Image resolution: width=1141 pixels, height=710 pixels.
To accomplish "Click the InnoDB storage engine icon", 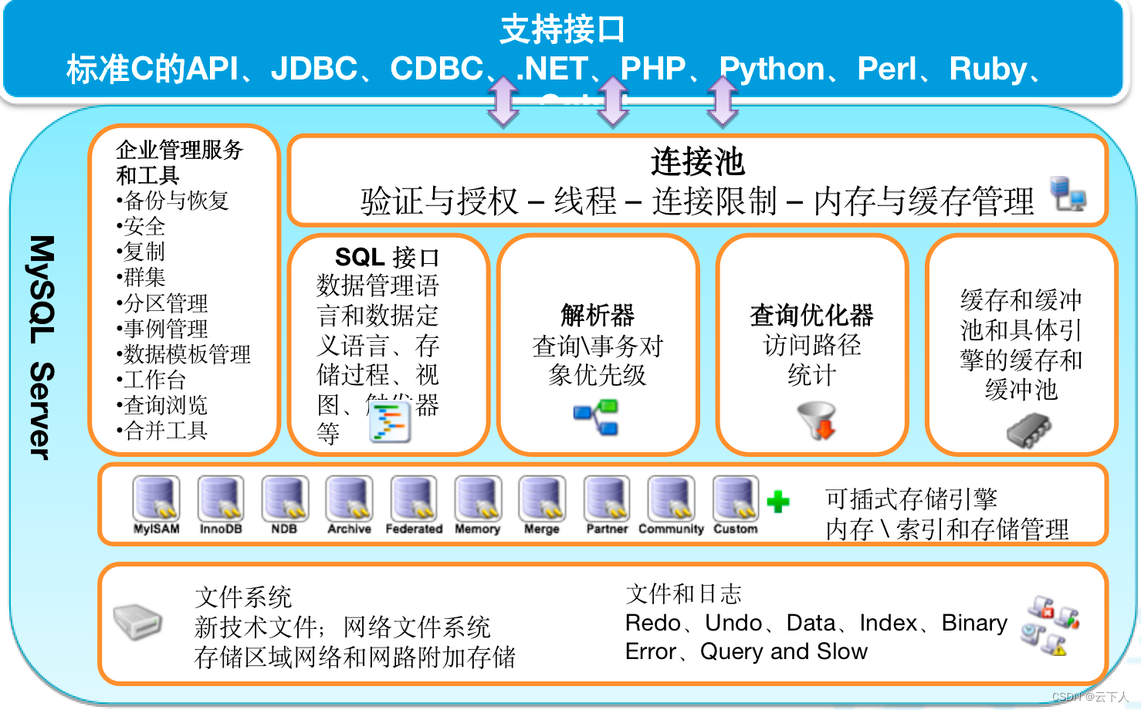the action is [221, 498].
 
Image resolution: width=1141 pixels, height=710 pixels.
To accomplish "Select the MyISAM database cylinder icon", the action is [156, 498].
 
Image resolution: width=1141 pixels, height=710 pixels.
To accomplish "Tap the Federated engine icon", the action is [414, 498].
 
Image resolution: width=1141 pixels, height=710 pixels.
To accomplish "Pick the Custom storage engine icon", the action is [735, 498].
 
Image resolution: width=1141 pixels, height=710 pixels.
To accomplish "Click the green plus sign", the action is [778, 502].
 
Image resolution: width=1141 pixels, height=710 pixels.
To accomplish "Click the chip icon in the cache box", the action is [1028, 431].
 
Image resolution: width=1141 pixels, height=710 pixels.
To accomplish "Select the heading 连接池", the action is [697, 161].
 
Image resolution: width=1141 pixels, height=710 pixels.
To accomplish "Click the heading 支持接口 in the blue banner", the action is [562, 29].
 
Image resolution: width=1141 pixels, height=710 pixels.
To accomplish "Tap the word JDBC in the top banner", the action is [314, 69].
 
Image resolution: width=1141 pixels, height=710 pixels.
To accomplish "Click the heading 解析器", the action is [598, 314].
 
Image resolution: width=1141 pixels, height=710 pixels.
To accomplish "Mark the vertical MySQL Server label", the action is [42, 347].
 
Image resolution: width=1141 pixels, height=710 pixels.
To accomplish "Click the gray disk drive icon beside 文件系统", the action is [137, 621].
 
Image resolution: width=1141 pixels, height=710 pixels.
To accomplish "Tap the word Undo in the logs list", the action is [733, 622].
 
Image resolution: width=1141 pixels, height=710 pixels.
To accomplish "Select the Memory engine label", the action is [477, 529].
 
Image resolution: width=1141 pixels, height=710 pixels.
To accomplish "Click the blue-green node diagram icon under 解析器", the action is [597, 417].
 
